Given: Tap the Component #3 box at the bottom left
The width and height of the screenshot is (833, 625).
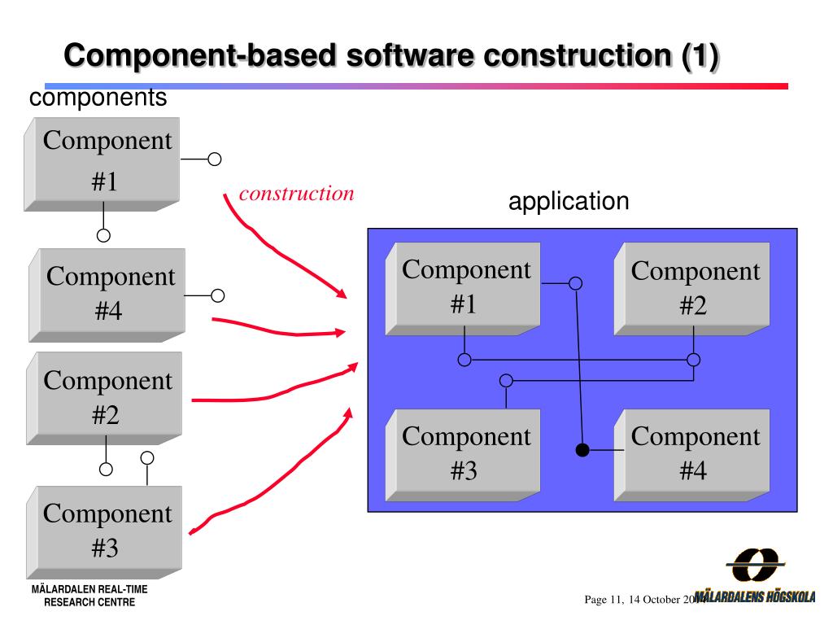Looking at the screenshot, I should pos(107,531).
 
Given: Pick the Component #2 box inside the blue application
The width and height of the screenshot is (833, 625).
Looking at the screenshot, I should pos(694,288).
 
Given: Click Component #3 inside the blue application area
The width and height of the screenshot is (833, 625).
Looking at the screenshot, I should pos(465,453).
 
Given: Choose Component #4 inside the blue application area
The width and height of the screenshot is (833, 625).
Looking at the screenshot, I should pos(694,453).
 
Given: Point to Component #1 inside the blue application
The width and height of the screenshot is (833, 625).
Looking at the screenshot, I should pos(465,286).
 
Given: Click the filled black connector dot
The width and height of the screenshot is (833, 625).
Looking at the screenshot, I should pos(582,449).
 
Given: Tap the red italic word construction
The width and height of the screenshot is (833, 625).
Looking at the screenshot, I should pos(296,194).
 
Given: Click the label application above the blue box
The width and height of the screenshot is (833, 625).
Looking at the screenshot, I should pos(569,201).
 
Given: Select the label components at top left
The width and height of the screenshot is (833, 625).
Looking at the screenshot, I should pos(98,98).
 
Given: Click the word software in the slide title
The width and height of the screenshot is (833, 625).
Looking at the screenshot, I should pos(409,56).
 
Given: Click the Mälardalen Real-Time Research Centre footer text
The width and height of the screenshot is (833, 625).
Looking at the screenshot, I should pos(89,596).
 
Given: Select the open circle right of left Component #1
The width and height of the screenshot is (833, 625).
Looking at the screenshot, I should pos(215,160).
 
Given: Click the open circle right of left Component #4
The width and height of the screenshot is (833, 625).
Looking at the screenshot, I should pos(217,295).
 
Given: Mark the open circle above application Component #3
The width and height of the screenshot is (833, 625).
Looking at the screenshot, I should pos(506,380).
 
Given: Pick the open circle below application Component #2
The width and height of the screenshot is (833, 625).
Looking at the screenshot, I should pos(693,360).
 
